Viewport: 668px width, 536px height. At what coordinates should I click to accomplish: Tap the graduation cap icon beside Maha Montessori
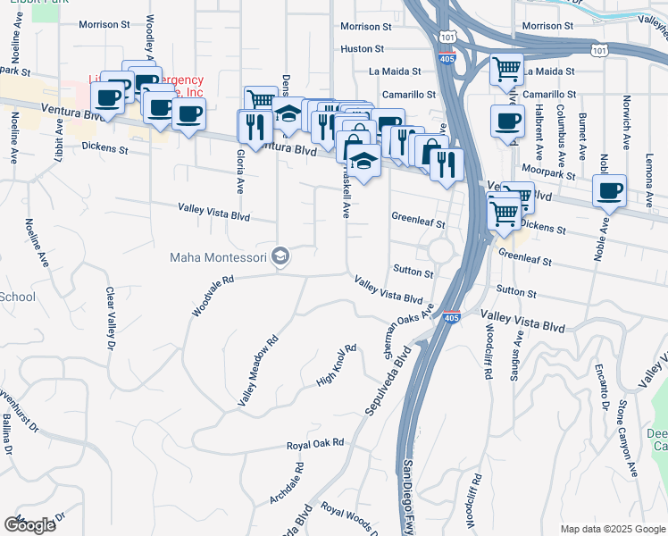coord(281,258)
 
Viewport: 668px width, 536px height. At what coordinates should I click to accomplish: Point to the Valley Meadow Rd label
coord(259,371)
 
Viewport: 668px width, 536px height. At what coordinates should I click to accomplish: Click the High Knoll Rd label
coord(337,364)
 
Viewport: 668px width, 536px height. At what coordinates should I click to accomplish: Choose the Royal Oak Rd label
coord(314,444)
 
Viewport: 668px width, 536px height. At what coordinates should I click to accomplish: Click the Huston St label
coord(362,49)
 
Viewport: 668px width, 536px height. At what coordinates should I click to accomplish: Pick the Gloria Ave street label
coord(240,172)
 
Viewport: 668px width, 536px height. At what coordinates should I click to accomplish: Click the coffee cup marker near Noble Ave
coord(609,191)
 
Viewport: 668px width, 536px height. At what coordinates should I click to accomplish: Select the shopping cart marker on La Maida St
coord(506,69)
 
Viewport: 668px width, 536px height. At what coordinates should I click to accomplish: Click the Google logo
coord(30,525)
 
